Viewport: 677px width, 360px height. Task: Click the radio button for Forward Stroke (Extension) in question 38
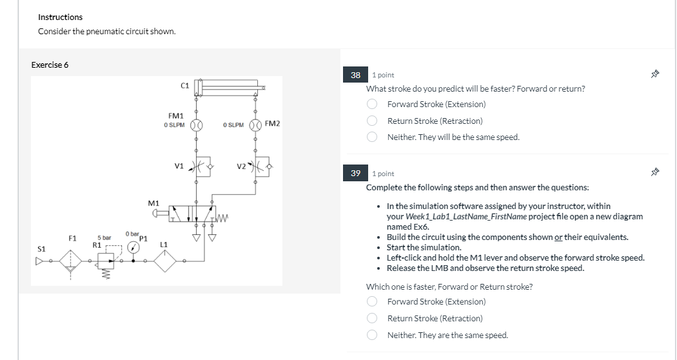coord(372,104)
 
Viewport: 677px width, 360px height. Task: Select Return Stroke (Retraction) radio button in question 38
coord(372,121)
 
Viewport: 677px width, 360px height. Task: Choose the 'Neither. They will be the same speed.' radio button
coord(372,137)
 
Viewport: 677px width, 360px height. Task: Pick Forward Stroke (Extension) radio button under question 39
coord(372,301)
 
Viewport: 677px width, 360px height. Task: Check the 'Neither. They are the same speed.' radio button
coord(372,335)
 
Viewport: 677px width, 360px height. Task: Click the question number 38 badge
coord(356,75)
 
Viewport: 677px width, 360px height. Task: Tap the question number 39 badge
coord(356,174)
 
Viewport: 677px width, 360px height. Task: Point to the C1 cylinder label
coord(185,85)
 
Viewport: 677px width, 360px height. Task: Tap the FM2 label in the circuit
coord(273,123)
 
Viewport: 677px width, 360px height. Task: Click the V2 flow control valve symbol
coord(259,165)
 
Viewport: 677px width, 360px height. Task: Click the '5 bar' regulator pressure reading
coord(104,238)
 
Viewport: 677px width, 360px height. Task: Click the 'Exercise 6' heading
coord(50,65)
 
